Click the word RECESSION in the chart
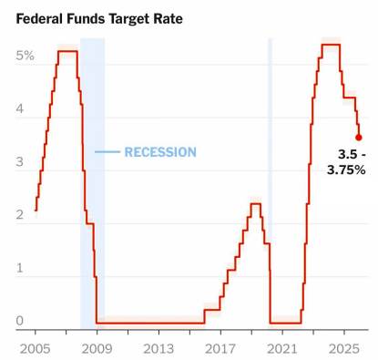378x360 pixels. point(160,152)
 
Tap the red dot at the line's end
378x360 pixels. point(359,138)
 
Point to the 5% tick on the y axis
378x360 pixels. point(25,56)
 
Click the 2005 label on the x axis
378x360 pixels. point(35,348)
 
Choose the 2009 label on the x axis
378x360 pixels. point(97,348)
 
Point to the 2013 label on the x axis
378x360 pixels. point(158,348)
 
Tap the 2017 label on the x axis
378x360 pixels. point(220,348)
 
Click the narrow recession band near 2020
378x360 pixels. point(270,182)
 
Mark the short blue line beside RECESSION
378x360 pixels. point(107,152)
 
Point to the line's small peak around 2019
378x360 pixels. point(256,203)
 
